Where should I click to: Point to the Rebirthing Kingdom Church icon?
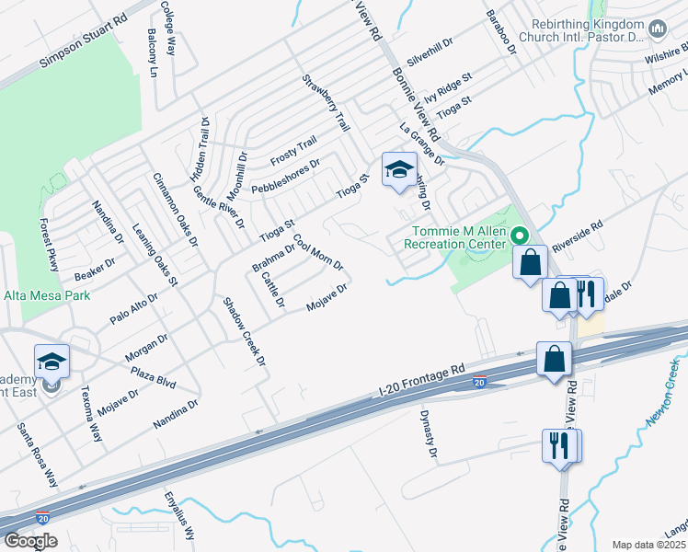(657, 30)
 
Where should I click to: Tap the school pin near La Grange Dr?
(399, 170)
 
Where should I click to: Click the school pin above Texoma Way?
(52, 362)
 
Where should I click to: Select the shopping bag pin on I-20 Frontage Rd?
(554, 359)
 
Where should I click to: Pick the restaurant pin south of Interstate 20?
(561, 446)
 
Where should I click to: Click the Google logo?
(30, 541)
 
